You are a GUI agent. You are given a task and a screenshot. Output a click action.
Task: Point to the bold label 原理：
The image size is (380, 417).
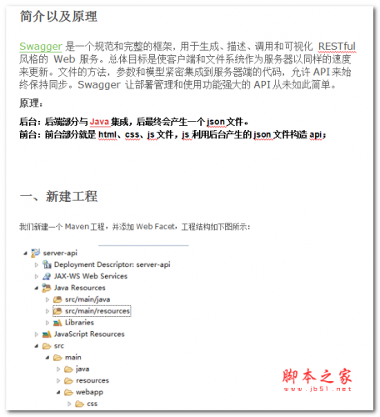(x=31, y=103)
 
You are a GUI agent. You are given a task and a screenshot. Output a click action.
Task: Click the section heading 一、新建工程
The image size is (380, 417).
(x=58, y=196)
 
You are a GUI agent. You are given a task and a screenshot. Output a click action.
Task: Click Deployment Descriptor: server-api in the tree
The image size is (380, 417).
(x=112, y=264)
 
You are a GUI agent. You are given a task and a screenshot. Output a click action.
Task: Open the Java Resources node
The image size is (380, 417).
(x=79, y=288)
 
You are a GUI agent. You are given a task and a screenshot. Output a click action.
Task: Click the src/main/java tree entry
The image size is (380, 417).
(x=88, y=299)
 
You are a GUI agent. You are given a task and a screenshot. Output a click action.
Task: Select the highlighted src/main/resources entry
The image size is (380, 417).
(x=97, y=311)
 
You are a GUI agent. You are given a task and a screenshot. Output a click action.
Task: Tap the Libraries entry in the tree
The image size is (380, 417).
(x=79, y=322)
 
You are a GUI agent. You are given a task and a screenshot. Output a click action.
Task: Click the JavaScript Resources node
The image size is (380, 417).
(x=89, y=334)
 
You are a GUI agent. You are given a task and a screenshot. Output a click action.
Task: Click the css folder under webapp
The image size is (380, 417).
(x=92, y=404)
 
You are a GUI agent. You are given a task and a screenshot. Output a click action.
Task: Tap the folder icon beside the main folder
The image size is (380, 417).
(x=57, y=357)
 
